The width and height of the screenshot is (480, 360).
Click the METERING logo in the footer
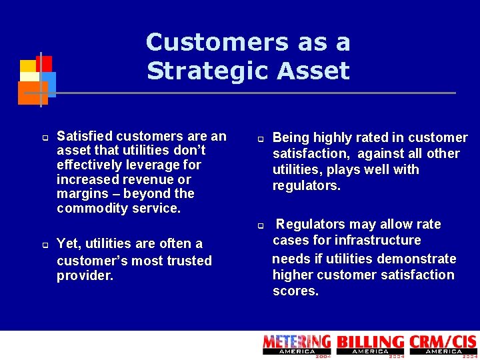297,344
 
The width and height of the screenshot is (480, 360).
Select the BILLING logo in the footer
370,344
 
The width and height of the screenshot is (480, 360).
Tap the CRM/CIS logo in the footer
443,344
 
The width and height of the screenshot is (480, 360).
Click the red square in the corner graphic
45,63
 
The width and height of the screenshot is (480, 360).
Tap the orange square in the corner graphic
31,93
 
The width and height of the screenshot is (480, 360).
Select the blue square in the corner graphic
49,83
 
